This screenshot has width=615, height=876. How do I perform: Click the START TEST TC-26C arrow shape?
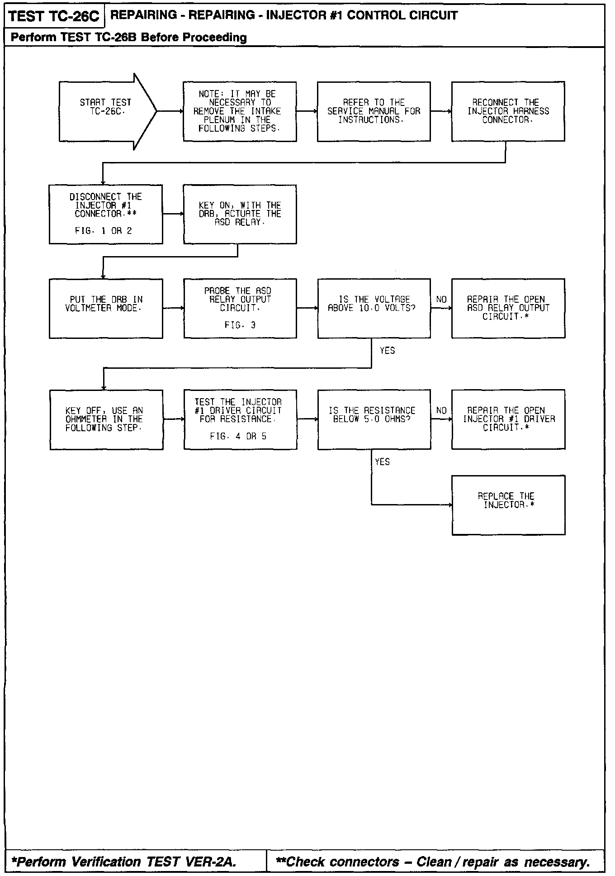pyautogui.click(x=106, y=111)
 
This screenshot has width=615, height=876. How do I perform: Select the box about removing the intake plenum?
pyautogui.click(x=240, y=111)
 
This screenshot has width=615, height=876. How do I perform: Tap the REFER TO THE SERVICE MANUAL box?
pyautogui.click(x=374, y=111)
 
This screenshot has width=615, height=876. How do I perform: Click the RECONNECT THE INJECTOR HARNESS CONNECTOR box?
pyautogui.click(x=508, y=111)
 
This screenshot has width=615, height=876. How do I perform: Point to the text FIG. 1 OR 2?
pyautogui.click(x=104, y=231)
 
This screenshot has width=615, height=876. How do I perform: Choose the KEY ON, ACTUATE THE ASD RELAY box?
pyautogui.click(x=240, y=214)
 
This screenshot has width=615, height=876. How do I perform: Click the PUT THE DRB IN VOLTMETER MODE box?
pyautogui.click(x=106, y=308)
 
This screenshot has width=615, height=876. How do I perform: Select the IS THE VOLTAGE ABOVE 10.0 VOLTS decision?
pyautogui.click(x=374, y=308)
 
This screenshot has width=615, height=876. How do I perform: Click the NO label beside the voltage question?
pyautogui.click(x=441, y=300)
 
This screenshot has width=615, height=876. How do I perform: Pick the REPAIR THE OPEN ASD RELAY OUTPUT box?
pyautogui.click(x=508, y=308)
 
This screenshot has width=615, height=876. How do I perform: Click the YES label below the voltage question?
pyautogui.click(x=387, y=351)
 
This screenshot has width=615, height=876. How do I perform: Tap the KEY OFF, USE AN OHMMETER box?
pyautogui.click(x=106, y=419)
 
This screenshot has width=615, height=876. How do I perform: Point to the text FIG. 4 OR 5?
pyautogui.click(x=238, y=436)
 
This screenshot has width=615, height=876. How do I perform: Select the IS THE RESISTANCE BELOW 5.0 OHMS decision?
pyautogui.click(x=374, y=419)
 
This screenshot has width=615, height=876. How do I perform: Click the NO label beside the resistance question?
pyautogui.click(x=441, y=411)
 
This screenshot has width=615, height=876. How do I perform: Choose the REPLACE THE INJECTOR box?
pyautogui.click(x=508, y=505)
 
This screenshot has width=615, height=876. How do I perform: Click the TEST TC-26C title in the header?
pyautogui.click(x=54, y=17)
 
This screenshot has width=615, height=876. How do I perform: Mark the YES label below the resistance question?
pyautogui.click(x=382, y=462)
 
